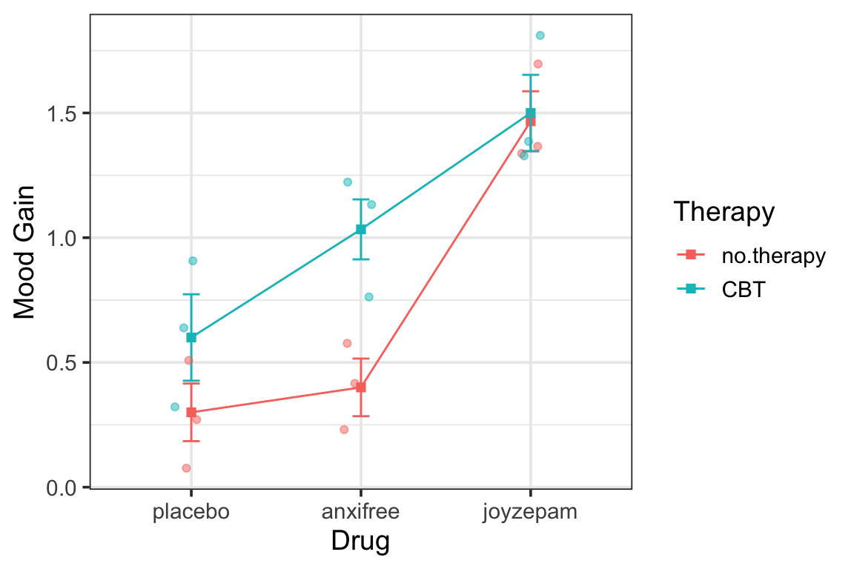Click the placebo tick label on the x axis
pyautogui.click(x=191, y=513)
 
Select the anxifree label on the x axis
pyautogui.click(x=360, y=513)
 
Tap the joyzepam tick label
pyautogui.click(x=530, y=513)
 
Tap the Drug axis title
pyautogui.click(x=360, y=542)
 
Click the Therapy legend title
pyautogui.click(x=724, y=212)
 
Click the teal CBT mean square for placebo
pyautogui.click(x=191, y=338)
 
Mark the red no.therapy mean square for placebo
pyautogui.click(x=191, y=413)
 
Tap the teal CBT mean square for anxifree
pyautogui.click(x=361, y=230)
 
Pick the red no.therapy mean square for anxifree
pyautogui.click(x=361, y=387)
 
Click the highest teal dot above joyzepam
pyautogui.click(x=540, y=36)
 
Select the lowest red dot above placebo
pyautogui.click(x=186, y=468)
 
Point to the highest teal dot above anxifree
pyautogui.click(x=348, y=182)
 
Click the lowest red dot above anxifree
pyautogui.click(x=344, y=430)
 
